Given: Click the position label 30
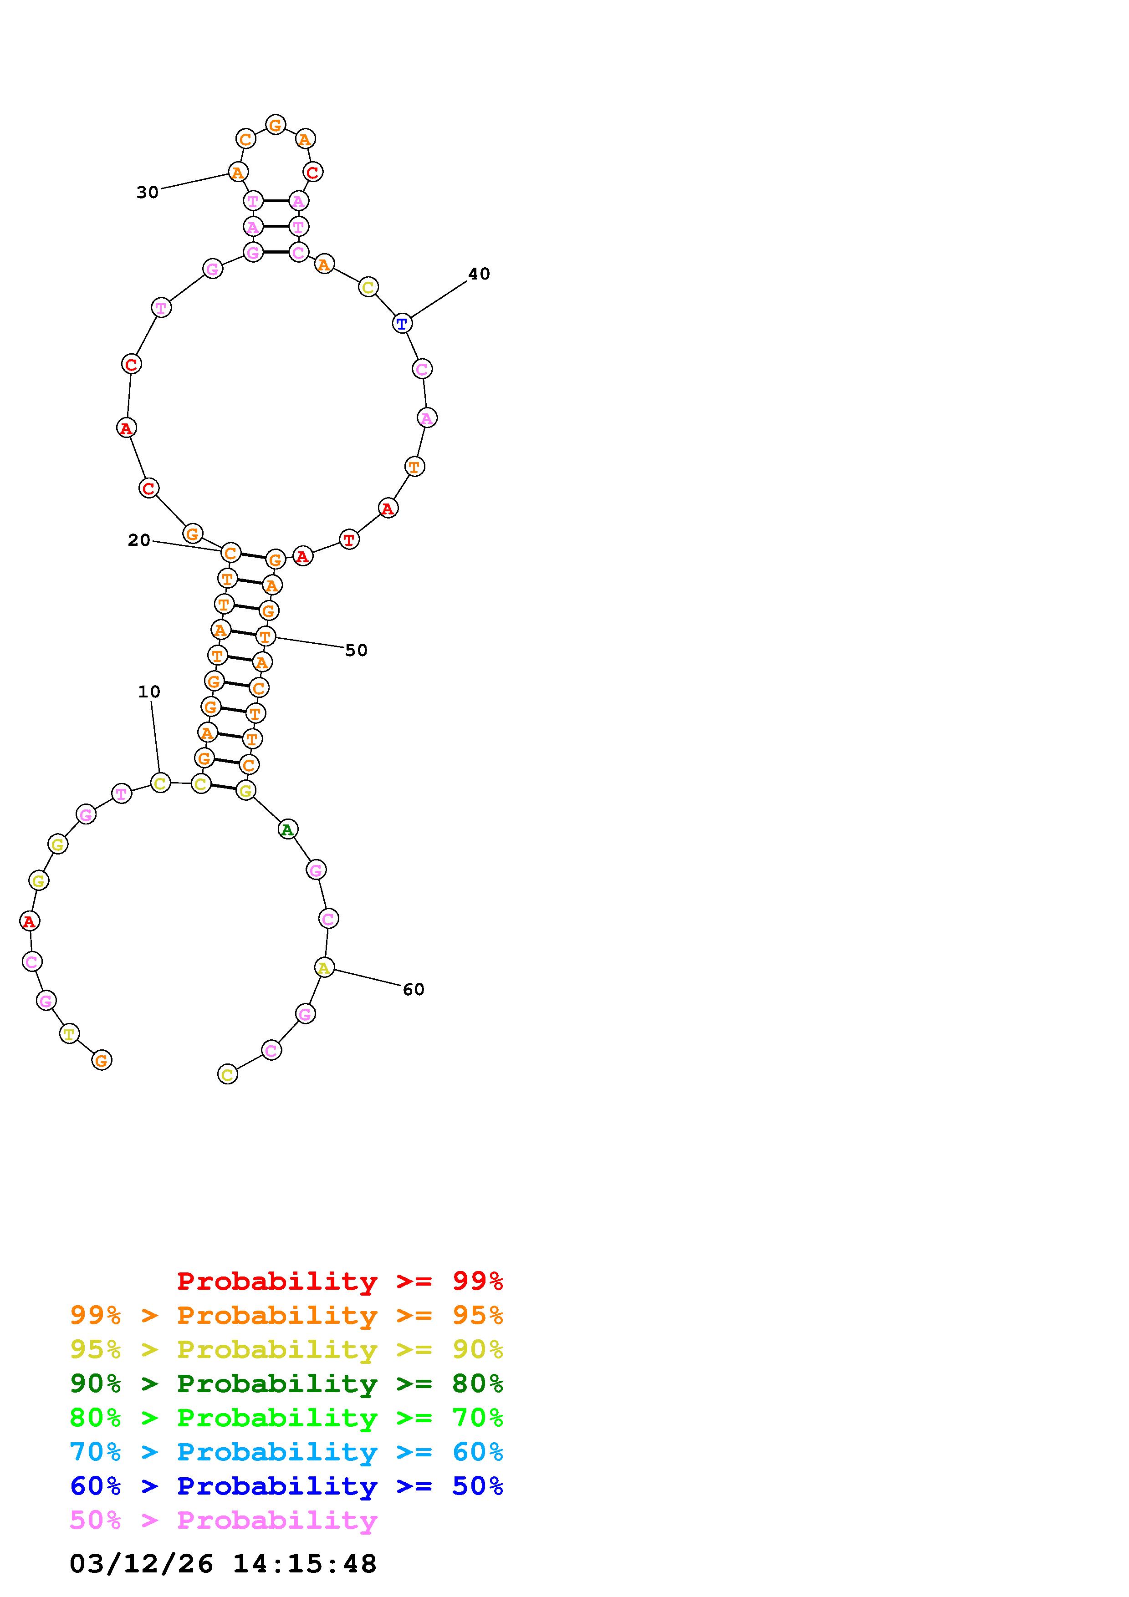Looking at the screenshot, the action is point(148,192).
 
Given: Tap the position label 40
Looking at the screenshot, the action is point(479,274).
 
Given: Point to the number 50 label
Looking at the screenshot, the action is point(356,651).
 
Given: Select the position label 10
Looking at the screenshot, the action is point(149,692).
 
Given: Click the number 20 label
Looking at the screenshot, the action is point(139,540).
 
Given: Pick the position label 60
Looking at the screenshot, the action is point(413,989).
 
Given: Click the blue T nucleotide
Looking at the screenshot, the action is point(402,323).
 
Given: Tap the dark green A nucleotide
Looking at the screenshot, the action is point(287,829).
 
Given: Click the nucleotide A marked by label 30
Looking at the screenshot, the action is point(238,172).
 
